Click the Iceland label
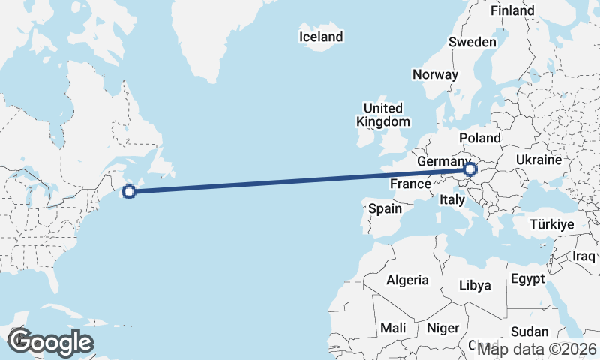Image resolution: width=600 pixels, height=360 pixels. pyautogui.click(x=320, y=37)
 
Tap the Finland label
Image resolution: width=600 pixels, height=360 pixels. pyautogui.click(x=512, y=10)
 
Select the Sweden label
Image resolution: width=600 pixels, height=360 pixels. pyautogui.click(x=472, y=42)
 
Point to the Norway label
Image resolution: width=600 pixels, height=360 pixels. pyautogui.click(x=435, y=74)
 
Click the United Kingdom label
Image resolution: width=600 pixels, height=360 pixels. pyautogui.click(x=382, y=115)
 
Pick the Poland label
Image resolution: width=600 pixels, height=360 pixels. pyautogui.click(x=479, y=139)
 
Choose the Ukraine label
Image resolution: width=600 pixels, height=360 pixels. pyautogui.click(x=538, y=160)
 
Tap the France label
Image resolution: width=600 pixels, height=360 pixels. pyautogui.click(x=409, y=184)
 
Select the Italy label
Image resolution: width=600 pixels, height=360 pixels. pyautogui.click(x=452, y=200)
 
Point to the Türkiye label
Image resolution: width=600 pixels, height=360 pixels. pyautogui.click(x=551, y=224)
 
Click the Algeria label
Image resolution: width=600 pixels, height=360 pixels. pyautogui.click(x=407, y=280)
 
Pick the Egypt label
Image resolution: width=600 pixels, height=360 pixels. pyautogui.click(x=526, y=279)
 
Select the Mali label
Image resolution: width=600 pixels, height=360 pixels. pyautogui.click(x=393, y=328)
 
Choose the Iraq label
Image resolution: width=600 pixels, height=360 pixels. pyautogui.click(x=583, y=256)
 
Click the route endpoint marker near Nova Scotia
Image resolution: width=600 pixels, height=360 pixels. pyautogui.click(x=129, y=191)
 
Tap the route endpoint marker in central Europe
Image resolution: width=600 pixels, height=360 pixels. pyautogui.click(x=470, y=170)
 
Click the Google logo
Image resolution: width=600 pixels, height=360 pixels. pyautogui.click(x=50, y=342)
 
